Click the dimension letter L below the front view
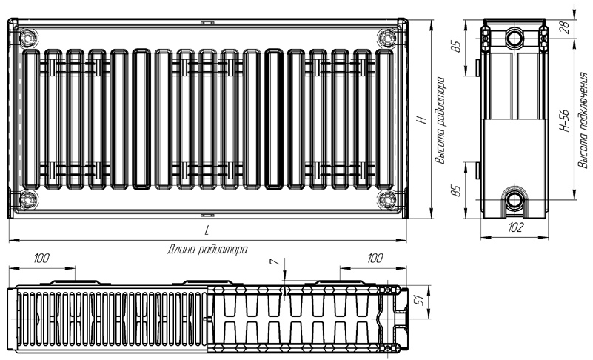pos(207,230)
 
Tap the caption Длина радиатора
pos(207,250)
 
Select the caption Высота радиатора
pos(440,121)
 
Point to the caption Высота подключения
pos(583,120)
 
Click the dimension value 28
pos(566,27)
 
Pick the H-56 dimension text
pos(565,121)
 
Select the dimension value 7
pos(275,262)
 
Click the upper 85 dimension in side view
pos(458,47)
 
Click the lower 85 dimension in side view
pos(458,190)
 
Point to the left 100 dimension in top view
pos(41,259)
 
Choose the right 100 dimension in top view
pos(375,259)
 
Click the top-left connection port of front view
pos(27,39)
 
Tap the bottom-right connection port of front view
pos(387,199)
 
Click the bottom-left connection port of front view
pos(27,199)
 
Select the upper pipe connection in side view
pos(515,38)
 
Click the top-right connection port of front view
pos(387,39)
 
